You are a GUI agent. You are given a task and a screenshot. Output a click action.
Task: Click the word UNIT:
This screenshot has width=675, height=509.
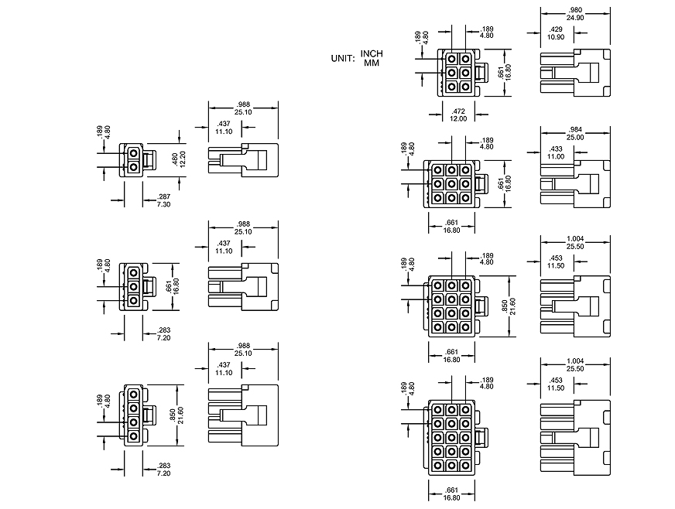click(341, 58)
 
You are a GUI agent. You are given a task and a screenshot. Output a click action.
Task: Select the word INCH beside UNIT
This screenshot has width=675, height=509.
click(372, 53)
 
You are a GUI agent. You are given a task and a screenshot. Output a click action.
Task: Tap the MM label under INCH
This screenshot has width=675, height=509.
click(372, 63)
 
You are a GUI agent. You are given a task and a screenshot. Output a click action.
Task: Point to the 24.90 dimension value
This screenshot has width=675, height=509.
click(575, 17)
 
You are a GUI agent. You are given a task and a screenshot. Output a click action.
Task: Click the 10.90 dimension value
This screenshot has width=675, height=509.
click(555, 36)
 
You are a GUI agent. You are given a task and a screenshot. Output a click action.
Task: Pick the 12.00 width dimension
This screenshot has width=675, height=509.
click(459, 119)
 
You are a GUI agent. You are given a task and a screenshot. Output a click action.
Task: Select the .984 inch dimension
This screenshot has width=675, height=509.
click(575, 129)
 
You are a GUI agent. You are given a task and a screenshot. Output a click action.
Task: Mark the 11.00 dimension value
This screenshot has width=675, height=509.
click(555, 156)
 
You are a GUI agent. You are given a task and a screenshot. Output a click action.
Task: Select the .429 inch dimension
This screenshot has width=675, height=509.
click(555, 29)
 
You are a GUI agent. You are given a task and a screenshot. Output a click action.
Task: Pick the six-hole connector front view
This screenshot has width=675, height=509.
click(458, 72)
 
